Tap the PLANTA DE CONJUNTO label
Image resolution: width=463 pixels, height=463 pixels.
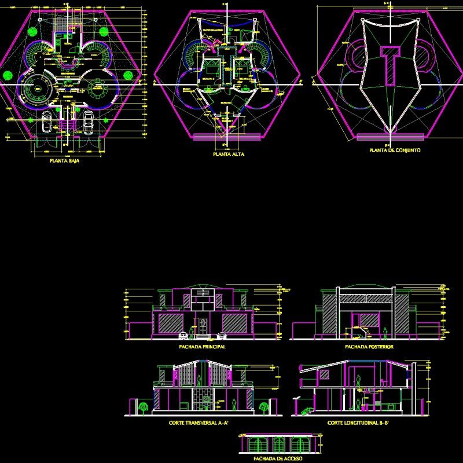[x=395, y=150]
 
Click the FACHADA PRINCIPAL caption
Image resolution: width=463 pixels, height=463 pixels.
[x=202, y=347]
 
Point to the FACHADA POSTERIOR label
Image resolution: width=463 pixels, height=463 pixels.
[x=369, y=347]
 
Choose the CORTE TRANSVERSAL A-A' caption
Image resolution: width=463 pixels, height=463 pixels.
[x=199, y=424]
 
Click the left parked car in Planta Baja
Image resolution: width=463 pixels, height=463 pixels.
[x=47, y=122]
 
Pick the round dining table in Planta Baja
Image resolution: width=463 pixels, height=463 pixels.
[x=97, y=90]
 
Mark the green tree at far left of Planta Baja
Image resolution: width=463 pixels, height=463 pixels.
[x=7, y=75]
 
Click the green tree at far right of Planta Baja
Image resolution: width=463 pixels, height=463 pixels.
[x=128, y=75]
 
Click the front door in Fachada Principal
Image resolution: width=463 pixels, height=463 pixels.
[x=203, y=325]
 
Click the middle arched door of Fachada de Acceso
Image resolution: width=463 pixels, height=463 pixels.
[x=279, y=445]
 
